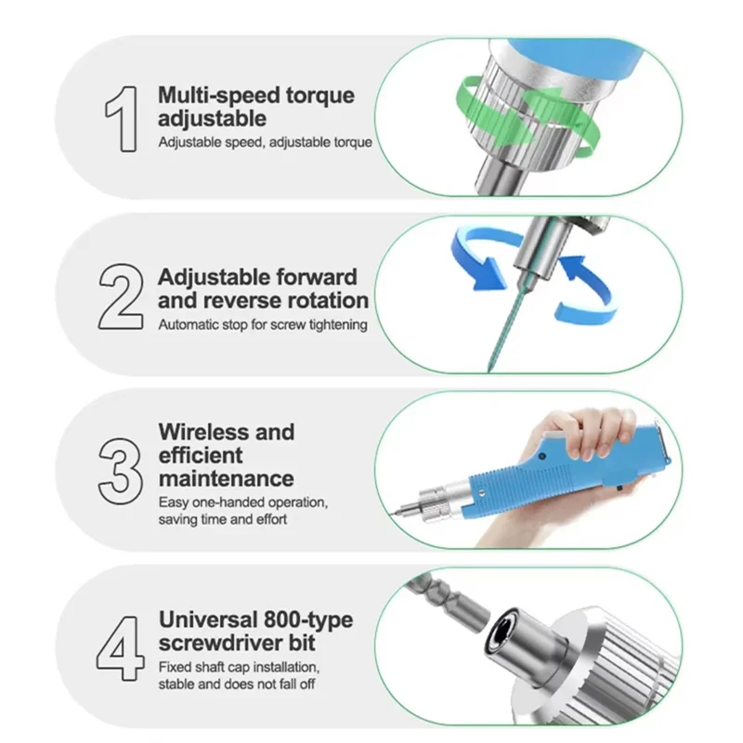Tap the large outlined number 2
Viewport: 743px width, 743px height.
(121, 296)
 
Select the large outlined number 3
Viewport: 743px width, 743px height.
(121, 471)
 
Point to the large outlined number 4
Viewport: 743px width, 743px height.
(121, 648)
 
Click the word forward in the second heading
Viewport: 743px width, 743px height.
(317, 277)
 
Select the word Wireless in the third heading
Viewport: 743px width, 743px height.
(204, 432)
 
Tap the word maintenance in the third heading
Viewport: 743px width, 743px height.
(227, 478)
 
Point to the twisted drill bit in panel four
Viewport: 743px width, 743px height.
(447, 603)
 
